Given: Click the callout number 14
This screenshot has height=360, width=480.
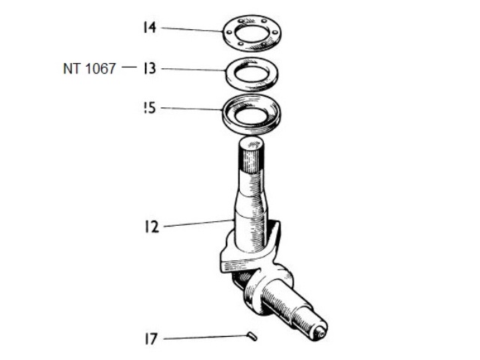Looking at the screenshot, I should click(x=149, y=28).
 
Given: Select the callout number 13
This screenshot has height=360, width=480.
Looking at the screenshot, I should click(x=149, y=68).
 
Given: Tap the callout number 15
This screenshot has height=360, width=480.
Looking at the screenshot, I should click(x=149, y=108).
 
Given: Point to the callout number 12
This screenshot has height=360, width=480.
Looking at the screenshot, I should click(x=152, y=226).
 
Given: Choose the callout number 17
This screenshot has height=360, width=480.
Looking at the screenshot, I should click(x=151, y=339).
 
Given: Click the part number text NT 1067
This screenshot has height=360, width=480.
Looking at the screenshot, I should click(x=89, y=68).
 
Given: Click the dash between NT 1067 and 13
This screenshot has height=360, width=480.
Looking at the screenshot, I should click(x=129, y=67).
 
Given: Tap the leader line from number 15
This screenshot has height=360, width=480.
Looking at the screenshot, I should click(x=192, y=109).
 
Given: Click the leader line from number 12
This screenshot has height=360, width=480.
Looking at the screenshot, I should click(x=197, y=222).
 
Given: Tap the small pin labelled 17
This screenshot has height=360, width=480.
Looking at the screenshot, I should click(x=252, y=336).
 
